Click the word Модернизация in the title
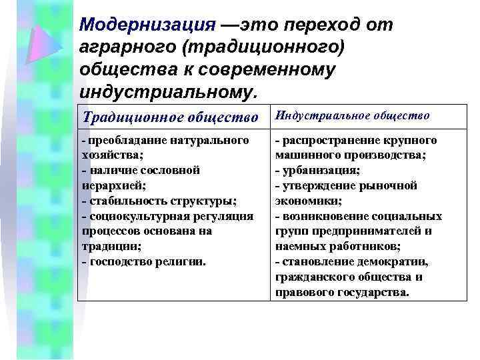click(x=147, y=25)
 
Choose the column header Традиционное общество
click(x=169, y=117)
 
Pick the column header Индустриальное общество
click(x=352, y=116)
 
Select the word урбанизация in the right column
click(x=321, y=170)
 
